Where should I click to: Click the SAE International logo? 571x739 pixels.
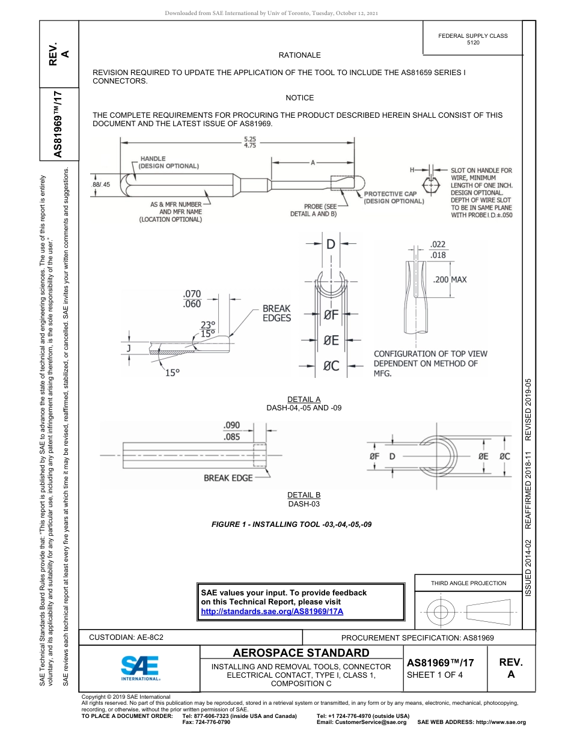click(x=140, y=668)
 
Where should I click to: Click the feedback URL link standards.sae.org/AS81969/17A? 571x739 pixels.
click(x=272, y=611)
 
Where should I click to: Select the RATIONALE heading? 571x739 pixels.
click(x=299, y=55)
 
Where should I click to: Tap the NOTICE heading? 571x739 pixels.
click(x=299, y=98)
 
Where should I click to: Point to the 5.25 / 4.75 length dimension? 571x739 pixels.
click(x=250, y=142)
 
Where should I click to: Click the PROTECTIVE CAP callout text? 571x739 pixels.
click(x=394, y=198)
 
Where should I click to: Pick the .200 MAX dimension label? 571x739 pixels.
click(x=450, y=280)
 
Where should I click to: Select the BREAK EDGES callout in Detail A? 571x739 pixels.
click(x=276, y=313)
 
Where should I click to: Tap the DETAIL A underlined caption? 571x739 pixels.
click(x=304, y=400)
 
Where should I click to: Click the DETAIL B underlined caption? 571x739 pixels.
click(x=304, y=495)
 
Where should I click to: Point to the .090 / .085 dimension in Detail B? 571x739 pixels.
click(x=233, y=431)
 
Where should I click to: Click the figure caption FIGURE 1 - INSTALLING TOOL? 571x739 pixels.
click(x=292, y=525)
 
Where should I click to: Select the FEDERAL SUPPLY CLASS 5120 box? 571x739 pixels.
click(x=472, y=39)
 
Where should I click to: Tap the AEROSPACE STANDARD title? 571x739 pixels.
click(x=301, y=653)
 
